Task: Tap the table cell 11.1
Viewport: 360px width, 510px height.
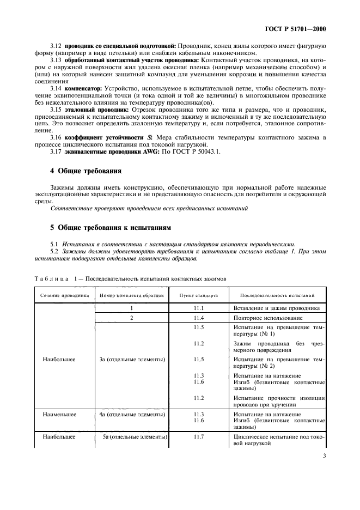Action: [199, 308]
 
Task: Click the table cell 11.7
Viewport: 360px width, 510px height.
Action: [199, 437]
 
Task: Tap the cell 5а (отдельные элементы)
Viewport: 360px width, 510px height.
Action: [134, 437]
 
